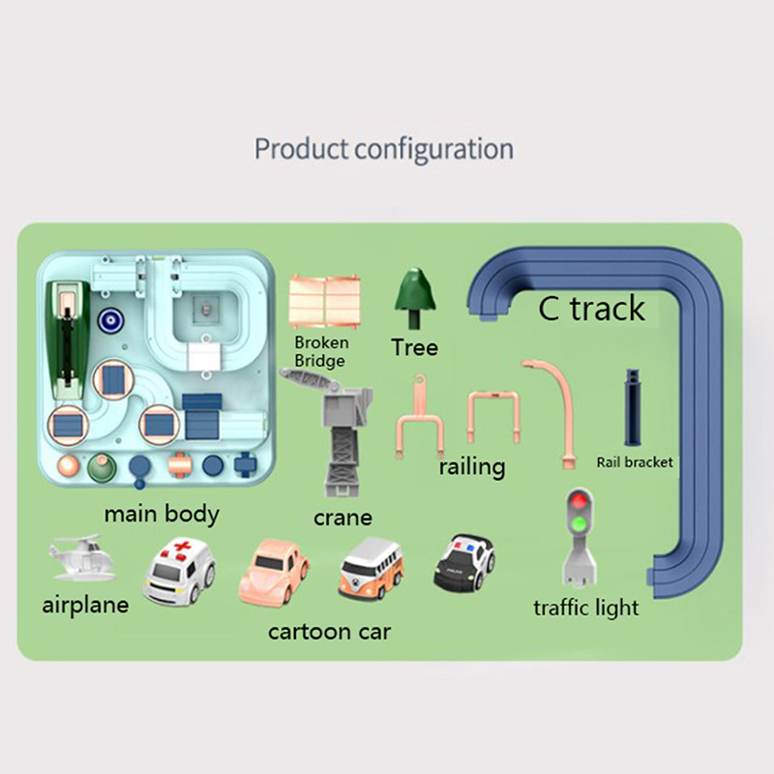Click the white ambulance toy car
tap(180, 574)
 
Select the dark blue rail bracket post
tap(633, 407)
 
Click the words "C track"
tap(591, 309)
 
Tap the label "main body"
tap(161, 513)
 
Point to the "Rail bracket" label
tap(634, 461)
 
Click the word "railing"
tap(471, 466)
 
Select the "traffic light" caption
tap(586, 608)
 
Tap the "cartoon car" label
tap(329, 632)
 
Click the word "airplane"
tap(85, 606)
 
